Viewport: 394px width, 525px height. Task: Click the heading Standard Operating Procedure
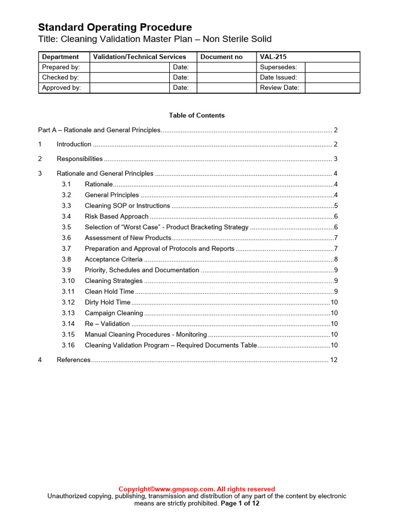115,27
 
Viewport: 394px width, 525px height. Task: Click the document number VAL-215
273,57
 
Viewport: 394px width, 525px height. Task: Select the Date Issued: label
279,77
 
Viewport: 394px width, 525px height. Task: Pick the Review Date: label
280,88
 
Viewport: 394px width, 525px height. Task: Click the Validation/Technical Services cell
139,57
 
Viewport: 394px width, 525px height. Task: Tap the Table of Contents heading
196,115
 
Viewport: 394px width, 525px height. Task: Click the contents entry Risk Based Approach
116,216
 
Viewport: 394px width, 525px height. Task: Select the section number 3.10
68,281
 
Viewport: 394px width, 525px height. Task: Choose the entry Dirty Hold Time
107,302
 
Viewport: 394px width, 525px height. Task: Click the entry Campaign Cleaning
114,313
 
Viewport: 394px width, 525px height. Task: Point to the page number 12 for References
333,360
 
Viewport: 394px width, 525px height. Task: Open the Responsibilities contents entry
80,159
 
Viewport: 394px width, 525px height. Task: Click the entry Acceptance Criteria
113,259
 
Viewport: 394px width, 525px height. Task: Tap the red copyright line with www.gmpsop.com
196,489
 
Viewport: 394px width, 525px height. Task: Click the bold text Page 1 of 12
240,503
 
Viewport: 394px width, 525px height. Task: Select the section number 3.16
68,346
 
